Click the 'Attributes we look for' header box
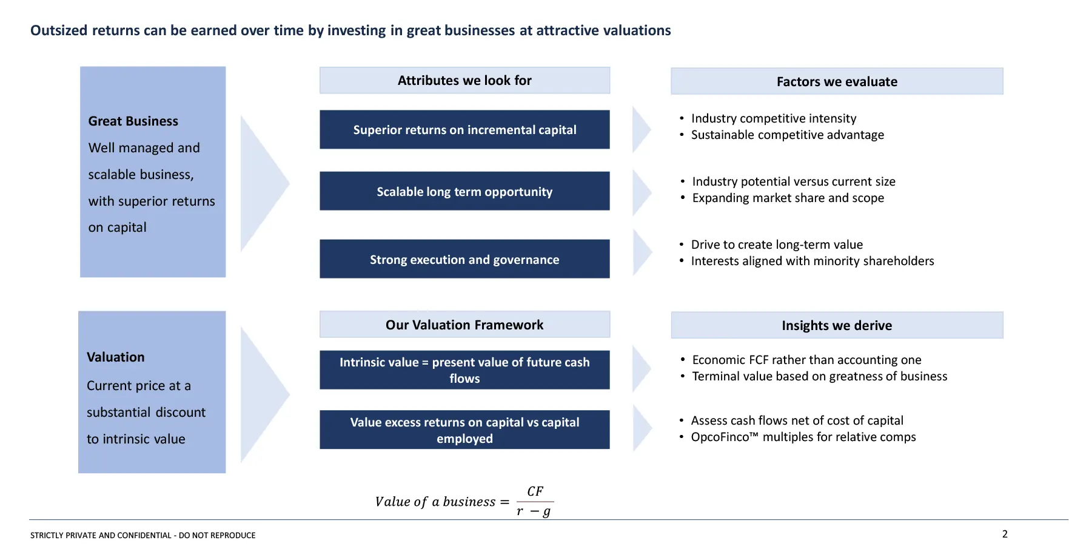464,80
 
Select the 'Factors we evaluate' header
837,81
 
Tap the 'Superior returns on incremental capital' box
464,129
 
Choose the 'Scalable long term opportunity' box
464,191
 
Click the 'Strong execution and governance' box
464,259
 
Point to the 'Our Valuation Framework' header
464,325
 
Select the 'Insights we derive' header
837,325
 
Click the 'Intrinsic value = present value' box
464,370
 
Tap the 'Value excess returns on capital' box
464,430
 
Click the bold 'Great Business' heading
133,121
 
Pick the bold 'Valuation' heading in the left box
116,357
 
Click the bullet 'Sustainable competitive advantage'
788,135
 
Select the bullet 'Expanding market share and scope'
788,198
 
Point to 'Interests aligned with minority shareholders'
813,261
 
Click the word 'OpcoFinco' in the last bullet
720,437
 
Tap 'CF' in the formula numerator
535,491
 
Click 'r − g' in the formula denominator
534,511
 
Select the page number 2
1005,534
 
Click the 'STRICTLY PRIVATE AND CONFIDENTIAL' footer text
101,535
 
